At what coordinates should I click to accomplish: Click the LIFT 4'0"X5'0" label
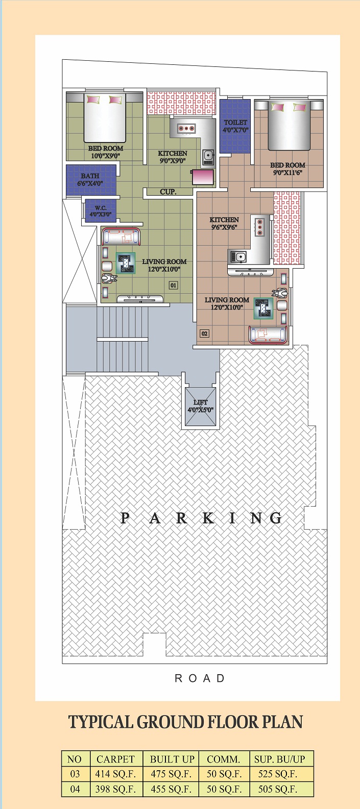point(200,406)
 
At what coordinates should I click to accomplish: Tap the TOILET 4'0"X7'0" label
point(235,126)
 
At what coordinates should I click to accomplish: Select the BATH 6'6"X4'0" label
point(90,179)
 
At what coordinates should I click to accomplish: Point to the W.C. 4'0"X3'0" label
point(101,211)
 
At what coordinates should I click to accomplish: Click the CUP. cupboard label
point(169,192)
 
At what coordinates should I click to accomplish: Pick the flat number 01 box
point(173,285)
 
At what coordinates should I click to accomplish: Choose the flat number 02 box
point(204,334)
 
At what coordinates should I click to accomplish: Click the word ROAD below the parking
point(200,678)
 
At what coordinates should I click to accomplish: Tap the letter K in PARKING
point(208,518)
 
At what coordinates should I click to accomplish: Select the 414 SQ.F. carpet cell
point(115,774)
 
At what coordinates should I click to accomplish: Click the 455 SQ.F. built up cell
point(171,789)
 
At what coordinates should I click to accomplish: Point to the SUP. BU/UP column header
point(279,759)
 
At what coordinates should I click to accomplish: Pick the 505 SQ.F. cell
point(278,789)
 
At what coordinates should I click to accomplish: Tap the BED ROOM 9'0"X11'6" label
point(288,169)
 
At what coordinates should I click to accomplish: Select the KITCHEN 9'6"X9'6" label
point(224,223)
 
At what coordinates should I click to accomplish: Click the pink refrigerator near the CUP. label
point(203,177)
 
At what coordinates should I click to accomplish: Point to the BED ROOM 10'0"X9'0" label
point(105,152)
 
